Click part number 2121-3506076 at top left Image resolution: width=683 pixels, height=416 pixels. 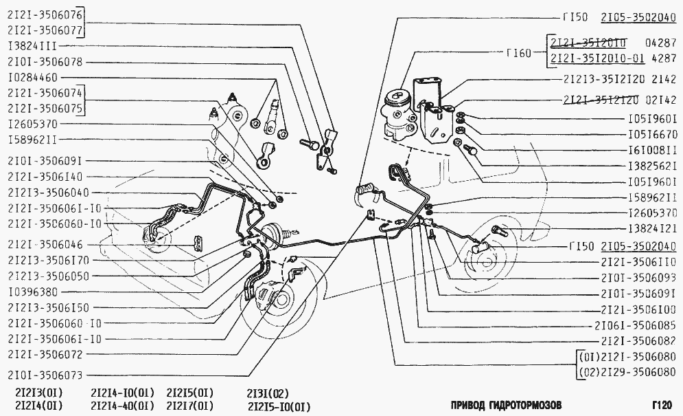45,15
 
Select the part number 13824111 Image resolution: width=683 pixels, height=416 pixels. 33,46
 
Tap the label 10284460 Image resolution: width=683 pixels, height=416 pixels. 33,78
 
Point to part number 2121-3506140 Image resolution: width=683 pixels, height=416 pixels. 45,177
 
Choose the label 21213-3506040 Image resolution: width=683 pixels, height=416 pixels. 48,193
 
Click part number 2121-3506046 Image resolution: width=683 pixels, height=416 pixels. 45,245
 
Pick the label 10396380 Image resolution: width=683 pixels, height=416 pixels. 33,292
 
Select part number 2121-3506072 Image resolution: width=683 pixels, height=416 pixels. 45,354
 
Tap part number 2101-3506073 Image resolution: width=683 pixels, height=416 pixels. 45,375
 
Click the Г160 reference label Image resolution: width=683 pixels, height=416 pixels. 519,53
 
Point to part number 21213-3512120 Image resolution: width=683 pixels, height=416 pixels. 604,79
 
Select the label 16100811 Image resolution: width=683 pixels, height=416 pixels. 653,150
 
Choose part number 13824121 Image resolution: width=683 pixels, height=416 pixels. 653,229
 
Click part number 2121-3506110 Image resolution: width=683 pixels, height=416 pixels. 638,262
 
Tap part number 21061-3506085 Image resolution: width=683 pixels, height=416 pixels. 636,326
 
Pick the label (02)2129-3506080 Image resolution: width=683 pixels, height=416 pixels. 627,373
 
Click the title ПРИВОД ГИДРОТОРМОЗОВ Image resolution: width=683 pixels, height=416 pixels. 506,405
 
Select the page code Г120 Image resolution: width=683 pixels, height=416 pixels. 662,406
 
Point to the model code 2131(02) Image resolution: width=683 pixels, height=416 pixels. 268,393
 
